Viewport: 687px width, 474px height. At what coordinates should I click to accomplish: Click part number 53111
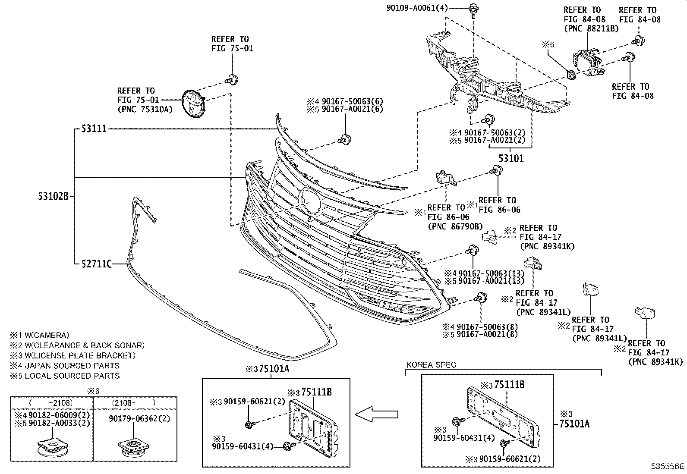[x=94, y=129]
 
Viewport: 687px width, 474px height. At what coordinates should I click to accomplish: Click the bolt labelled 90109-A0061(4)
[x=473, y=9]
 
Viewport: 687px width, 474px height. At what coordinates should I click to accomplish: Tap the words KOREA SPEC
[x=431, y=365]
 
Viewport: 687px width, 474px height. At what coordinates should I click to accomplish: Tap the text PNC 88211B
[x=591, y=28]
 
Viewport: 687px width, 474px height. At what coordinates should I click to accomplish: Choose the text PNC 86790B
[x=455, y=226]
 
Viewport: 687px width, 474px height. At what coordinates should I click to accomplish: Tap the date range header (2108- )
[x=134, y=402]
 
